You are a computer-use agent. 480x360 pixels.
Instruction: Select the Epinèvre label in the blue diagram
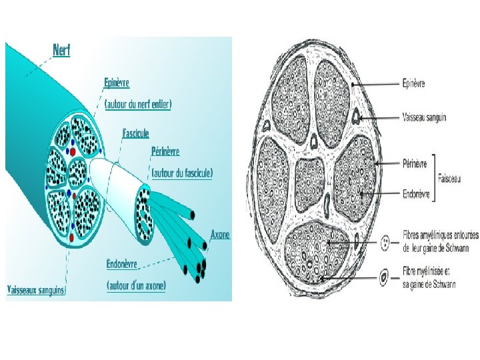pos(117,83)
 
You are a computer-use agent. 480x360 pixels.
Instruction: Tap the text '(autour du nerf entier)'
pos(138,103)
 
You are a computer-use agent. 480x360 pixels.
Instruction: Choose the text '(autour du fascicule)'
pos(182,173)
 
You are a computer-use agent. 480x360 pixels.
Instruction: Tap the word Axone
pos(220,235)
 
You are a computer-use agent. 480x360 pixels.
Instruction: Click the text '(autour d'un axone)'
pos(137,285)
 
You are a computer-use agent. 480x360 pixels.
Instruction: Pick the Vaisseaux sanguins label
pos(35,290)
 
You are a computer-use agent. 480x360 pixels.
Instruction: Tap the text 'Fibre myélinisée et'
pos(427,271)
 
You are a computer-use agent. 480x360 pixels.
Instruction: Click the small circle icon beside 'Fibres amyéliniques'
pos(385,242)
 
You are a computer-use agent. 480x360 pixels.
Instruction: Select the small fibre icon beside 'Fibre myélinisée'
pos(385,275)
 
